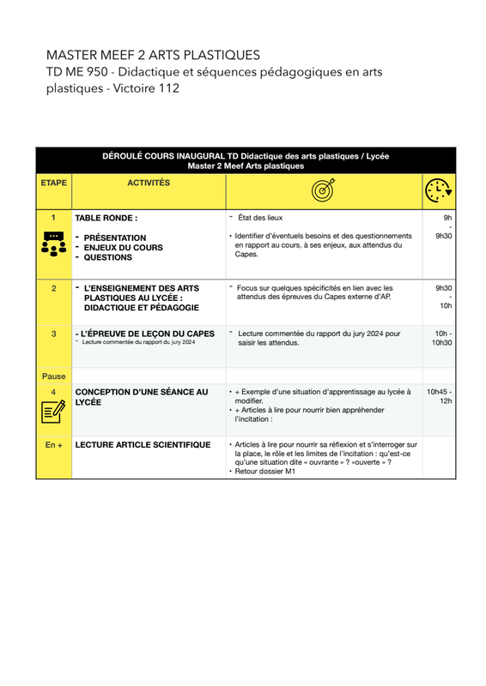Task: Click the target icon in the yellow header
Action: (324, 190)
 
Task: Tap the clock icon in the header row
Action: (439, 190)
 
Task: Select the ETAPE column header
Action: (54, 183)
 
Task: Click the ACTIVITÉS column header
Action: (149, 183)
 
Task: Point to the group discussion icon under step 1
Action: (54, 244)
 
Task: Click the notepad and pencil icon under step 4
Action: (53, 412)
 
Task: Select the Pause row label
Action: (54, 376)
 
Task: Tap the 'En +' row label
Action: (54, 445)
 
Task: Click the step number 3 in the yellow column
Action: (54, 334)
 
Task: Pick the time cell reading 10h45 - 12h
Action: (439, 396)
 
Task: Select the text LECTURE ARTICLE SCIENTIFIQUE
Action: (143, 445)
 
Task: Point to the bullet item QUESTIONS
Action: (108, 257)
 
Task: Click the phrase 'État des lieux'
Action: (260, 218)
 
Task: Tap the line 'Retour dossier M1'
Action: (265, 471)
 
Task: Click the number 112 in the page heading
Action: (169, 88)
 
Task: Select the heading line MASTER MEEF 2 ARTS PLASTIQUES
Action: (154, 55)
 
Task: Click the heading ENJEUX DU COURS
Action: (124, 248)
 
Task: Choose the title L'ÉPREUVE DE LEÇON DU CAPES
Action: (148, 334)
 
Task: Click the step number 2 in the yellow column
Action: (54, 288)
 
